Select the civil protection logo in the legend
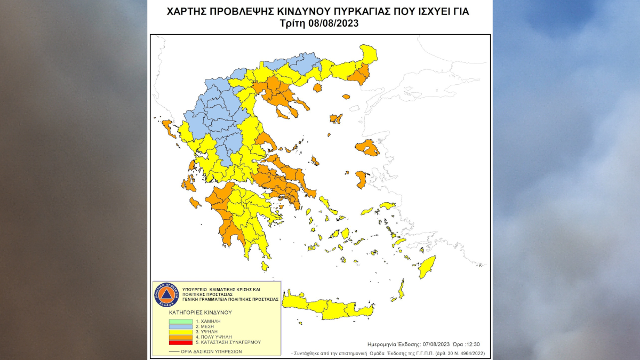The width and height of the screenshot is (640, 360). [165, 295]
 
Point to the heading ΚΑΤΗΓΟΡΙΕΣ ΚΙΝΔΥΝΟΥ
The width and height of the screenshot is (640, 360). [201, 311]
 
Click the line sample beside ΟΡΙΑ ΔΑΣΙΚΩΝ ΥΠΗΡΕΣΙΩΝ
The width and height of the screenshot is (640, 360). [174, 351]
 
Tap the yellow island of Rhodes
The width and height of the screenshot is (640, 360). [427, 267]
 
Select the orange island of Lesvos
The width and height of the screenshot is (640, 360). [367, 147]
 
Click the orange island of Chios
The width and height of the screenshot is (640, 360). [362, 179]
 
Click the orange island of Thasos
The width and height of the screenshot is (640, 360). [318, 87]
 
